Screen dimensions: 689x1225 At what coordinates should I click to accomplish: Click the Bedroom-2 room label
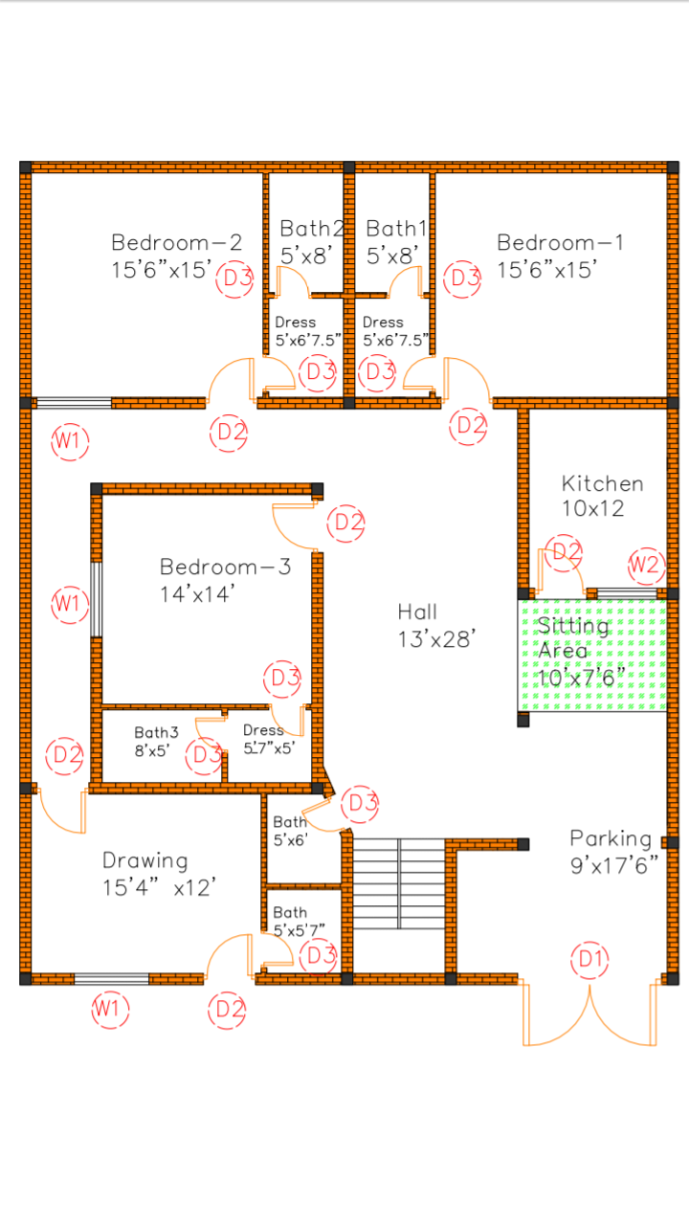pos(177,242)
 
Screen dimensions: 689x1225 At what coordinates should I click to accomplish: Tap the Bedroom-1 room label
pos(561,242)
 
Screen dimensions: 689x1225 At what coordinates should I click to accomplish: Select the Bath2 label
pos(312,229)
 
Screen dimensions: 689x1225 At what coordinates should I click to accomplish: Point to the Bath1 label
pos(396,229)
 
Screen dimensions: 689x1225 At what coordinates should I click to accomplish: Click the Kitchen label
pos(602,483)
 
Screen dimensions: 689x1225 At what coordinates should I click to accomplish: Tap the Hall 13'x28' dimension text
pos(437,639)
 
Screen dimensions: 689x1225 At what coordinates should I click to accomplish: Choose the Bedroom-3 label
pos(225,567)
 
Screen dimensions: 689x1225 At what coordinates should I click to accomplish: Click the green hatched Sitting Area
pos(592,656)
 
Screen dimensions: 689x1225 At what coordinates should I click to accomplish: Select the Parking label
pos(611,839)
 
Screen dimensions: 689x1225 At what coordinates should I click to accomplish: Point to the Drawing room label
pos(145,860)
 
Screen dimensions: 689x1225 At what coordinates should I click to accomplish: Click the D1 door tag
pos(589,959)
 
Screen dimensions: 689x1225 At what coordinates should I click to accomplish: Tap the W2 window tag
pos(646,565)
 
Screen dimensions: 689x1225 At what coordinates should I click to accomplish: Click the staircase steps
pos(399,883)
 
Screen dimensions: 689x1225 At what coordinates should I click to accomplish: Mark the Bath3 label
pos(156,732)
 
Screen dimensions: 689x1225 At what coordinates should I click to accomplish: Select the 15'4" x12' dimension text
pos(159,888)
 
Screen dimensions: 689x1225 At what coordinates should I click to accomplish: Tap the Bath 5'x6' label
pos(290,831)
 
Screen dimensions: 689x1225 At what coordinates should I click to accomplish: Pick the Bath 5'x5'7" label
pos(299,921)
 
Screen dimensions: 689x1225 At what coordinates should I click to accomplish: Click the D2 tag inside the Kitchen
pos(564,553)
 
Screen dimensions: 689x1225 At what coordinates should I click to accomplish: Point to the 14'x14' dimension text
pos(197,594)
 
